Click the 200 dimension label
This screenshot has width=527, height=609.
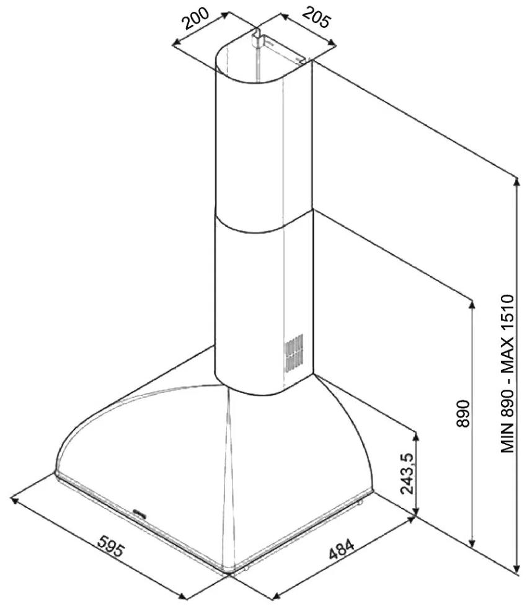[197, 18]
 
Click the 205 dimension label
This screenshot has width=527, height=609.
[316, 17]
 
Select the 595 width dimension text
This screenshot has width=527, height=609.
[111, 546]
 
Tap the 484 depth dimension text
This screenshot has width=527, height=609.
[342, 548]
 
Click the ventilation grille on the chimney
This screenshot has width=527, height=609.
[294, 352]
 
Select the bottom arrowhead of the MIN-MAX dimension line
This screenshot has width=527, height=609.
[516, 568]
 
